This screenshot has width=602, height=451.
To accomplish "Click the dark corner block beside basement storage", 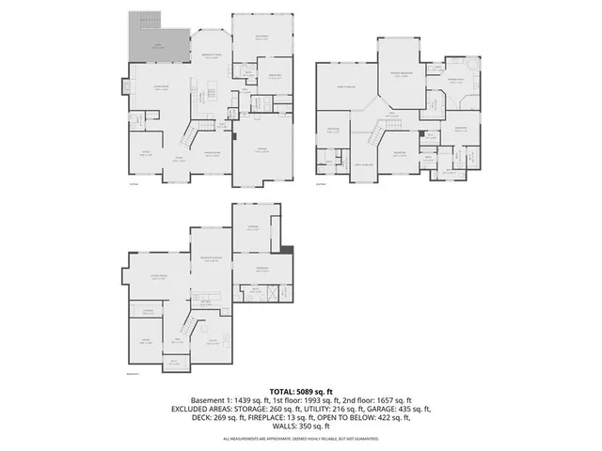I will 287,249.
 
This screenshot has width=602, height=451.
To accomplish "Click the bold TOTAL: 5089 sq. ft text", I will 301,390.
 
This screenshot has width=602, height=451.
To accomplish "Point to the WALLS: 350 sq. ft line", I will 301,428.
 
